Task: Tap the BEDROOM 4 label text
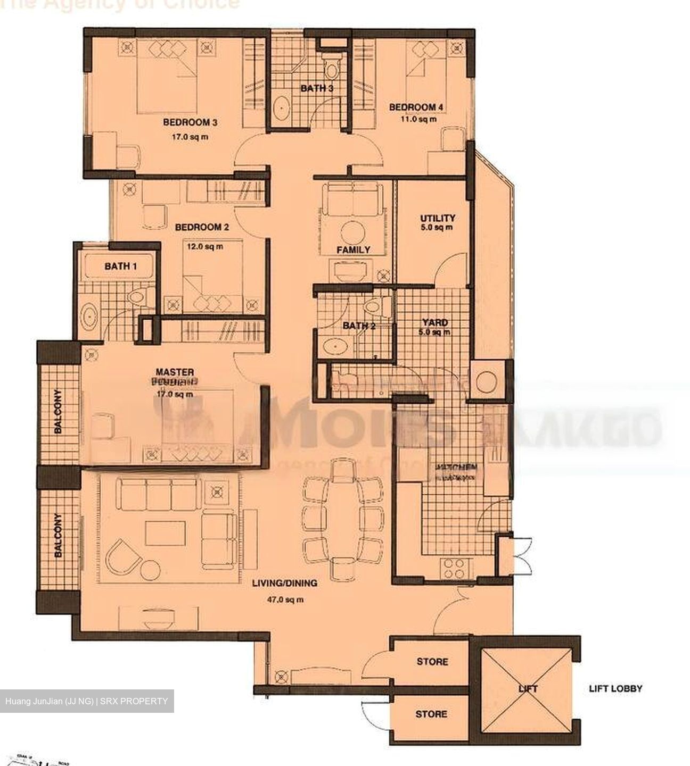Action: (416, 107)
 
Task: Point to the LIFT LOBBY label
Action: (615, 688)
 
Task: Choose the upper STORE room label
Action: (432, 662)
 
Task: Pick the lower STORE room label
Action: (431, 714)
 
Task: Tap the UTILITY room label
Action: (438, 218)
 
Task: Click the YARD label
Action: (435, 322)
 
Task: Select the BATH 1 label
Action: (120, 266)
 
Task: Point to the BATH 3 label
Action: (317, 88)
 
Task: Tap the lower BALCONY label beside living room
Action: (57, 535)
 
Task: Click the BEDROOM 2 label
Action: (202, 228)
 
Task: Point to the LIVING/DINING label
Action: (284, 583)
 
